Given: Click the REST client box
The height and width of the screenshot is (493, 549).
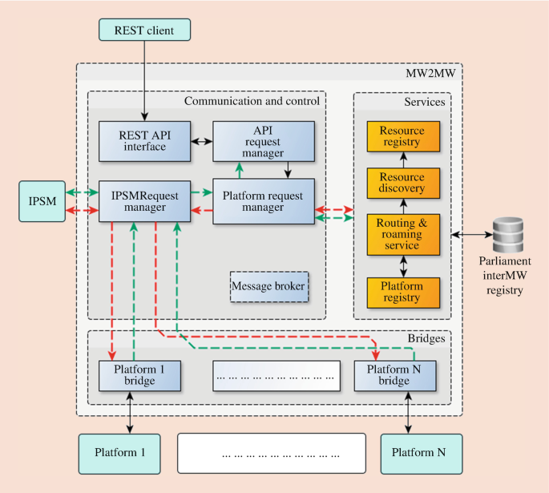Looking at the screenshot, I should (145, 30).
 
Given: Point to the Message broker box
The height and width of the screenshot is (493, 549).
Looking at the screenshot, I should (268, 285).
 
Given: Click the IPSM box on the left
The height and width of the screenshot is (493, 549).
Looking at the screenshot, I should (36, 200).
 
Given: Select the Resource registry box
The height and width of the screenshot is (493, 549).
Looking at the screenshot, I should (403, 136).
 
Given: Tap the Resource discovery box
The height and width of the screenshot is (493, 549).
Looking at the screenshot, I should (403, 184).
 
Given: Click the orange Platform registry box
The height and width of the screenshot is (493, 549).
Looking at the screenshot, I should (403, 291).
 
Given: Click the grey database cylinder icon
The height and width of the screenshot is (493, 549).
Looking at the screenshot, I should (507, 234).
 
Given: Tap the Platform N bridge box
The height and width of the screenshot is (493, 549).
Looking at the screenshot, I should (387, 374).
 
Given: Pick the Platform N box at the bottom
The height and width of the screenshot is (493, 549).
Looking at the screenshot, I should (418, 452).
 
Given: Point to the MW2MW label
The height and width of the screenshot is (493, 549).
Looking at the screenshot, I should (433, 75).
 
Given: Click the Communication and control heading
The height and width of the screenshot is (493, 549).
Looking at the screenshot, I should (252, 101).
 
